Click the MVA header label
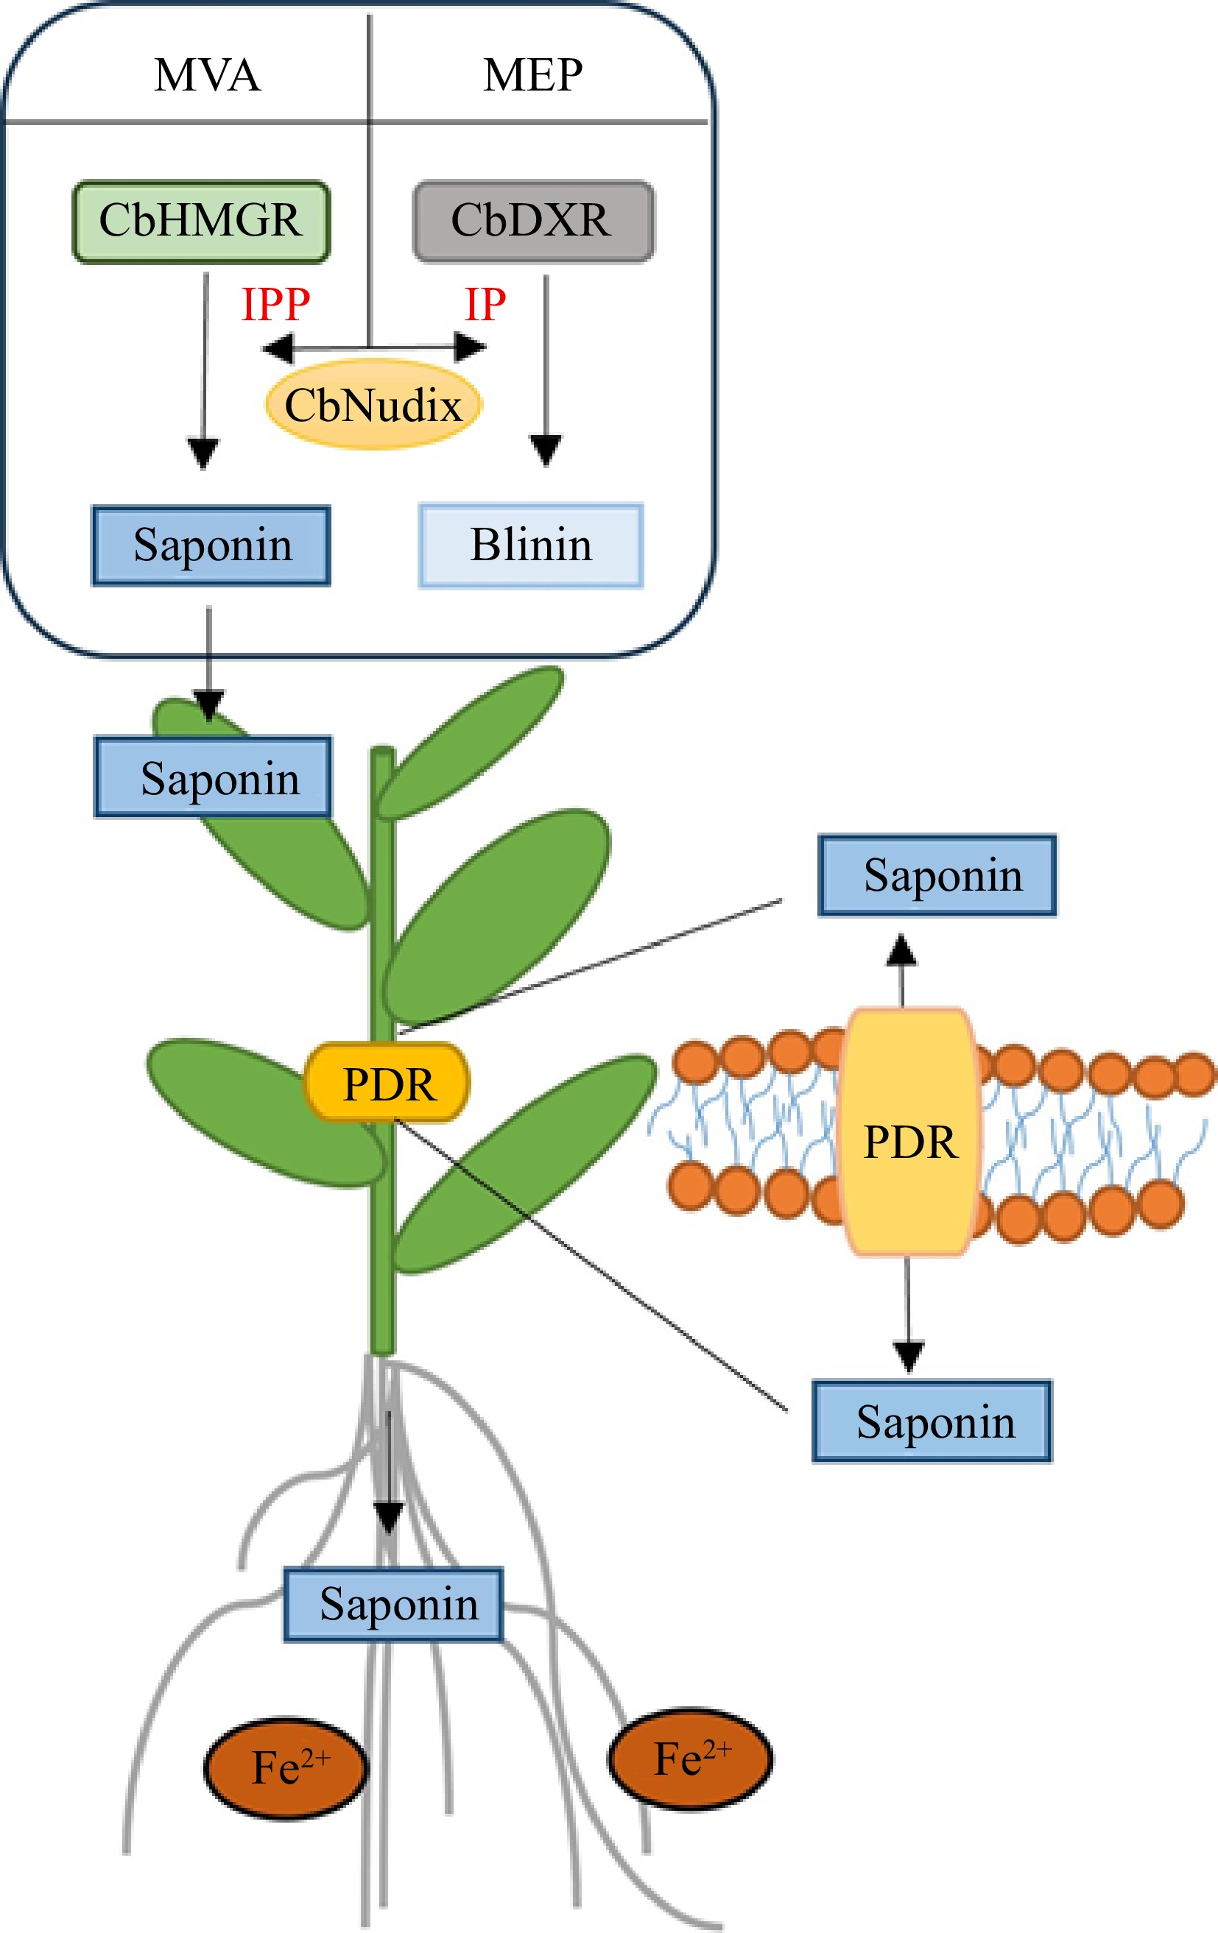(207, 76)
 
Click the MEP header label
(532, 76)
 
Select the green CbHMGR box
(201, 221)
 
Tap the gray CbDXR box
(532, 221)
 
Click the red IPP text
(275, 304)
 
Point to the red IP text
(485, 304)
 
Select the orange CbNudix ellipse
(373, 405)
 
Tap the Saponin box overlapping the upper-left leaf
(213, 777)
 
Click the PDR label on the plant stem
(387, 1084)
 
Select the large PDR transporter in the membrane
(909, 1140)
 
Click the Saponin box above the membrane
(937, 875)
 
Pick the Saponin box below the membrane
(932, 1421)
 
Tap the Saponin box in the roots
(393, 1604)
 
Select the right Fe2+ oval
(690, 1759)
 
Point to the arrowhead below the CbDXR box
(546, 450)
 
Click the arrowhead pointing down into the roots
(389, 1517)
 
